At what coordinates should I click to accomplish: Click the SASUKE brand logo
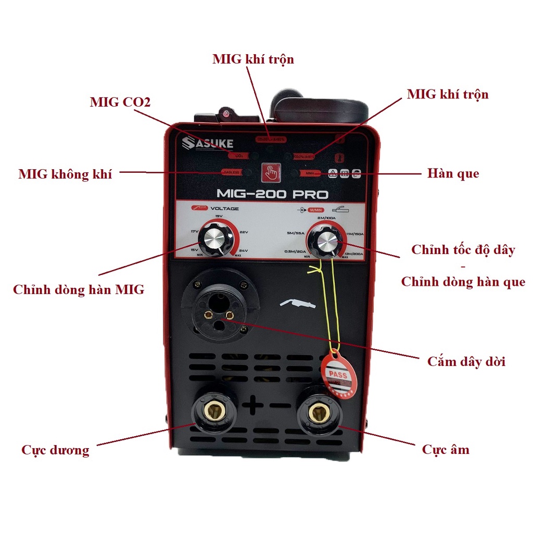[x=208, y=144]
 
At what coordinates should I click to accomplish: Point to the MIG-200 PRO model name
[x=272, y=194]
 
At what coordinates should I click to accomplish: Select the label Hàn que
[x=453, y=173]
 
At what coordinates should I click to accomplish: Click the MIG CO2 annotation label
[x=120, y=102]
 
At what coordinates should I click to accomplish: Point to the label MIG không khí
[x=65, y=174]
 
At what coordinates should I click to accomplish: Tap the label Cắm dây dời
[x=466, y=361]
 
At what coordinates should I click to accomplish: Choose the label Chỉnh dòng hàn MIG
[x=79, y=290]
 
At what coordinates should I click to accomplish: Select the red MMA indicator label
[x=310, y=173]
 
